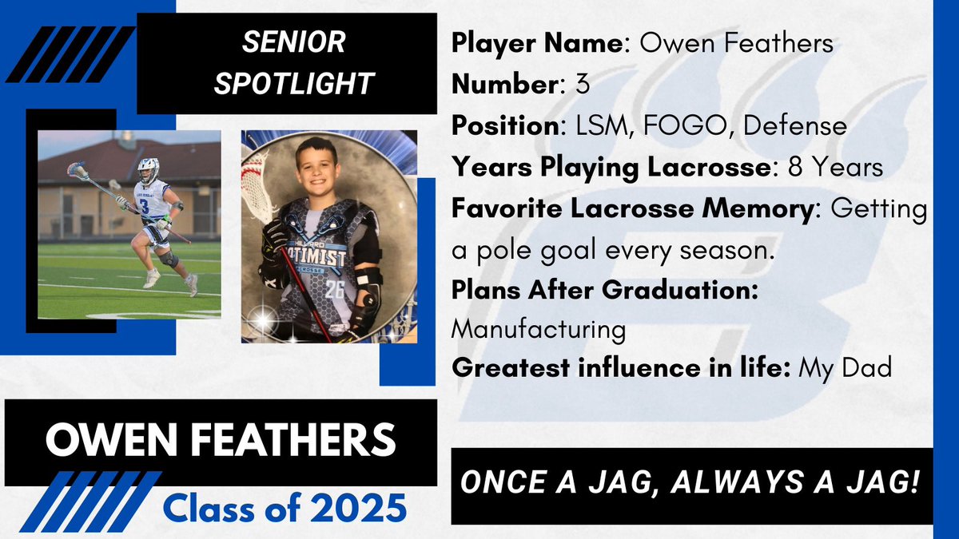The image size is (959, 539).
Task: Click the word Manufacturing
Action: (x=538, y=328)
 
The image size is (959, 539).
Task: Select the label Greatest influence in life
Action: (x=622, y=369)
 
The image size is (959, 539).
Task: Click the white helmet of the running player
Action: (x=148, y=170)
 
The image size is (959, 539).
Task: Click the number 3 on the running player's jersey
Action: (x=145, y=206)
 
